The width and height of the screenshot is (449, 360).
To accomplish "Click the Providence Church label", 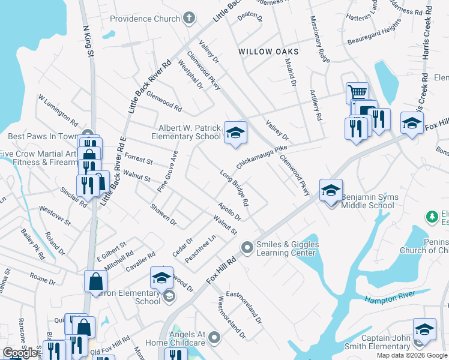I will (145, 19).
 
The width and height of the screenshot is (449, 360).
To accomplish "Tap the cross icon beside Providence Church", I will (188, 19).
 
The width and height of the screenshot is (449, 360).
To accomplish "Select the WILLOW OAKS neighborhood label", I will (268, 52).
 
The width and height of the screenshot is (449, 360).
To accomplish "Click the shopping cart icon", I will (357, 92).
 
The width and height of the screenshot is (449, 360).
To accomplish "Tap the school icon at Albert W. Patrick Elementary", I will (235, 132).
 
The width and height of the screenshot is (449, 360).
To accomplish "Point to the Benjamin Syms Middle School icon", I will (331, 190).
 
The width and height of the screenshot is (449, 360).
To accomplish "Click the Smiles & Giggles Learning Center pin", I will (247, 247).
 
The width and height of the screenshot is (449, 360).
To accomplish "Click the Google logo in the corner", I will (20, 353).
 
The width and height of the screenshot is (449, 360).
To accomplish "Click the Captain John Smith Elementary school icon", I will (424, 329).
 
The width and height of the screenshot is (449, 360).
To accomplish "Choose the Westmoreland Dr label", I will (232, 316).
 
